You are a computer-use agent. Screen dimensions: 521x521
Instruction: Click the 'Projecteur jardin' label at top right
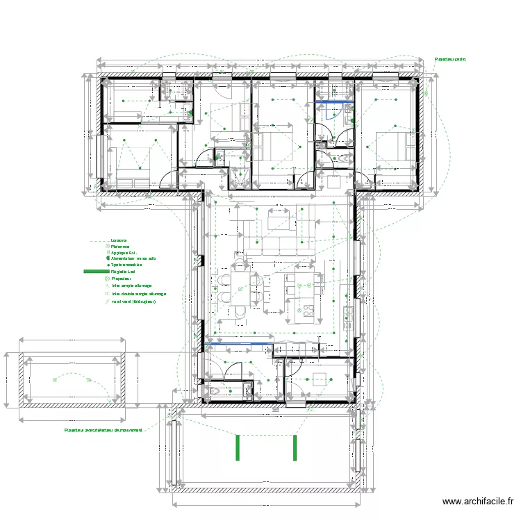(x=450, y=60)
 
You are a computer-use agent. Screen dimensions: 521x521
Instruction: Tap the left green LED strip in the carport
(x=238, y=447)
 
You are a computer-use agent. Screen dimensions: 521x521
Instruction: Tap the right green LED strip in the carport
(x=295, y=447)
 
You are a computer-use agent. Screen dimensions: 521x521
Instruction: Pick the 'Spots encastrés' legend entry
(x=126, y=265)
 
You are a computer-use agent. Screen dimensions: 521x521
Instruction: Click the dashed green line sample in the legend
(x=99, y=241)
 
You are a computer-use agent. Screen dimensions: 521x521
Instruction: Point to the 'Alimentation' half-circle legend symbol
(x=107, y=258)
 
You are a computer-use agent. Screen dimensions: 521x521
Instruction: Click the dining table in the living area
(x=240, y=289)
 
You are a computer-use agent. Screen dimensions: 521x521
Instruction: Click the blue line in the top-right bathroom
(x=334, y=103)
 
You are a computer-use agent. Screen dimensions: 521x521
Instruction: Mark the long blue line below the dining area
(x=236, y=343)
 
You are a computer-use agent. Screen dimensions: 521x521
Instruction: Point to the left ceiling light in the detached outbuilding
(x=55, y=379)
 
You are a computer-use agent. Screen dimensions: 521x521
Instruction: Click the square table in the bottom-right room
(x=320, y=379)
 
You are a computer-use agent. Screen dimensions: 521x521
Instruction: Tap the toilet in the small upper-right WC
(x=344, y=159)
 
